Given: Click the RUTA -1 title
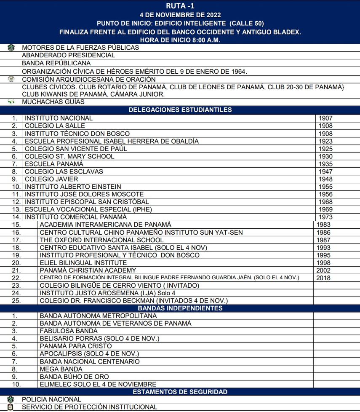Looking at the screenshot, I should pyautogui.click(x=180, y=5).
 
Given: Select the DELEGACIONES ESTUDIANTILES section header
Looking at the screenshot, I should pyautogui.click(x=180, y=110).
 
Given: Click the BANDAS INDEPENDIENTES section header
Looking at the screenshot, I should pyautogui.click(x=180, y=308).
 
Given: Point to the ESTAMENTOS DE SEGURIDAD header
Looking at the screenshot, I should pyautogui.click(x=180, y=392).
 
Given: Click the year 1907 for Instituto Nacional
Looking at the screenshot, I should pyautogui.click(x=326, y=118).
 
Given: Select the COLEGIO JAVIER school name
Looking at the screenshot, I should pyautogui.click(x=51, y=179).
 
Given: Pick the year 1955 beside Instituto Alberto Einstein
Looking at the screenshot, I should pyautogui.click(x=326, y=187).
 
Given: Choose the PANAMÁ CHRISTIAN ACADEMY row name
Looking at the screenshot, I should pyautogui.click(x=88, y=270).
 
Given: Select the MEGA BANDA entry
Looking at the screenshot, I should pyautogui.click(x=61, y=369).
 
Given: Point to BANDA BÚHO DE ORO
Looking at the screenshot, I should pyautogui.click(x=74, y=377).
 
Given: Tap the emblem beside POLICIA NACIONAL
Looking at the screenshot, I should pyautogui.click(x=11, y=399).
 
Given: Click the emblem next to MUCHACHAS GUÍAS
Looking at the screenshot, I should pyautogui.click(x=11, y=102).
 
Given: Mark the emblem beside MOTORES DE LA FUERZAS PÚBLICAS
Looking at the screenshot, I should pyautogui.click(x=11, y=48).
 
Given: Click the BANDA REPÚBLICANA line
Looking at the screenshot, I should pyautogui.click(x=56, y=63).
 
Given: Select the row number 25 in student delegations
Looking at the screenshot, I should pyautogui.click(x=16, y=301).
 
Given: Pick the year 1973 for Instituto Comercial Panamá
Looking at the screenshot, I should pyautogui.click(x=326, y=217).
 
